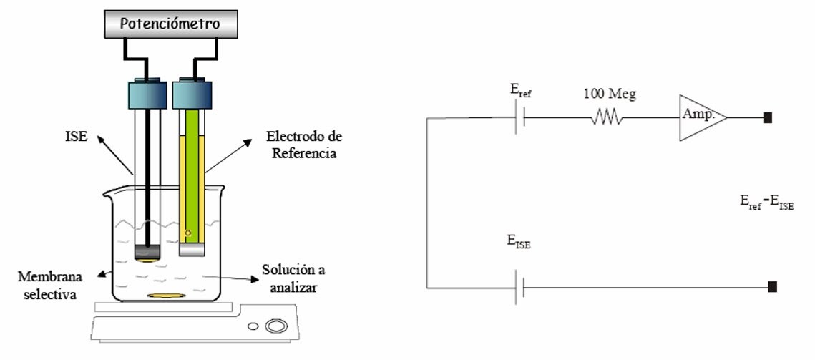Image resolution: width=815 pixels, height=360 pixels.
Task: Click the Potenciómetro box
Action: (170, 24)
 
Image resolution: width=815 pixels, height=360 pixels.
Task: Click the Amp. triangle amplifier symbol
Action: (702, 117)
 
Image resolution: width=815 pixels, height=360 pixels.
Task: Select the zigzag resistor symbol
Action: (606, 117)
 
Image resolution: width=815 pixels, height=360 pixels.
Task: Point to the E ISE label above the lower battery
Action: (518, 245)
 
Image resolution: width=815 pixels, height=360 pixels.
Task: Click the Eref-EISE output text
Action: (766, 204)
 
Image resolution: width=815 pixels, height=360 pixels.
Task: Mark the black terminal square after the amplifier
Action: (768, 117)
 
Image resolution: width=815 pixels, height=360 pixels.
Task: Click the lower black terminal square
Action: (771, 287)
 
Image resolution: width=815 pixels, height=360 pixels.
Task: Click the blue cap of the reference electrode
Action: (192, 94)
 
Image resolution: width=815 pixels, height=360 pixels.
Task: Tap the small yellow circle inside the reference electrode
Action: (187, 232)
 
